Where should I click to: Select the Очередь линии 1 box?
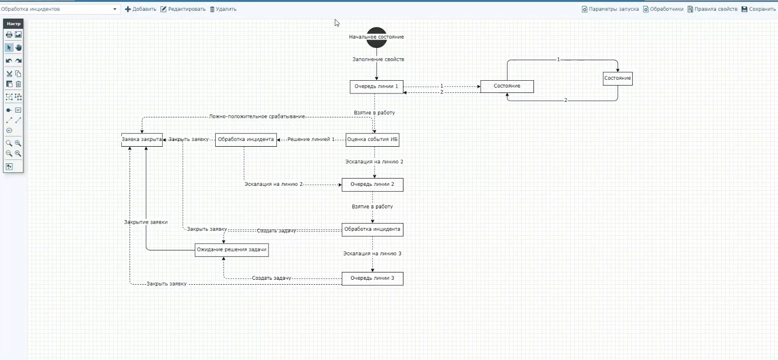(x=377, y=87)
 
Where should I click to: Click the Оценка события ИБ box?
(x=372, y=139)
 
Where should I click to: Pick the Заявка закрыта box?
(x=142, y=139)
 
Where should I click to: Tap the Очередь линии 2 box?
(x=372, y=184)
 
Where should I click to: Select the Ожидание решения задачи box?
(x=231, y=250)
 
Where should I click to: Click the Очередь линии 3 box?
(x=372, y=278)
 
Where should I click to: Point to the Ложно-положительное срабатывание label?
(x=257, y=117)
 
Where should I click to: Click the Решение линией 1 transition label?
(x=311, y=139)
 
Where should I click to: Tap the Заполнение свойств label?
(x=378, y=60)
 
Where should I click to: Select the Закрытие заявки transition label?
(x=146, y=222)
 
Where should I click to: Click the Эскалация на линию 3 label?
(x=372, y=254)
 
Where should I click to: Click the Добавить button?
(x=141, y=9)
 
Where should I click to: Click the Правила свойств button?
(x=712, y=9)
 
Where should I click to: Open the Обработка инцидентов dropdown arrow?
(x=115, y=9)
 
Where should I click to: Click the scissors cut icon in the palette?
(x=9, y=74)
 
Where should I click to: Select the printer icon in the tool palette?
(x=9, y=35)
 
